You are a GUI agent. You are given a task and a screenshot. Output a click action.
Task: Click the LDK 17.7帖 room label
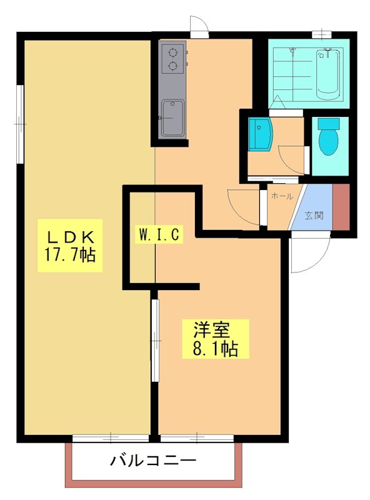tap(69, 245)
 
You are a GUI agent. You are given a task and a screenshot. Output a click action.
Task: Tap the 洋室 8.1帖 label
tap(214, 338)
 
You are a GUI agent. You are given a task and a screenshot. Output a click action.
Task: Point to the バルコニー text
tap(154, 462)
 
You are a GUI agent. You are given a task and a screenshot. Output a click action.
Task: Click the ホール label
tap(281, 196)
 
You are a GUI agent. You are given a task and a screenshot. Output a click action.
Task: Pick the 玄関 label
tap(314, 216)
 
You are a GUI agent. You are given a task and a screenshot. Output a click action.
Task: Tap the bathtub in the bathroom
tap(328, 73)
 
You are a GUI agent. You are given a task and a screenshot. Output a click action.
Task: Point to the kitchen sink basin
tap(172, 118)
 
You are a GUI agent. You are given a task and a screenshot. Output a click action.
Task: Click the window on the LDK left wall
tap(21, 124)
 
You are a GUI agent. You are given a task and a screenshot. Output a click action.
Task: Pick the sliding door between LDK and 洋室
tap(155, 341)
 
